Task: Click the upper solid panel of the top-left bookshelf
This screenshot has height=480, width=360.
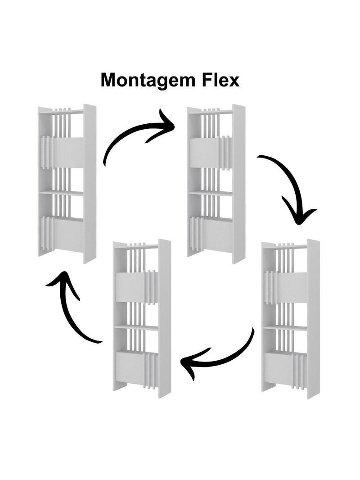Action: click(x=69, y=153)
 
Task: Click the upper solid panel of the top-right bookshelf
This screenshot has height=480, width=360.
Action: click(x=204, y=152)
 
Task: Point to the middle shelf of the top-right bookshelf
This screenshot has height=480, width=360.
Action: click(x=211, y=194)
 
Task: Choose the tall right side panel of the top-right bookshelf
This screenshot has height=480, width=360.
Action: click(x=238, y=184)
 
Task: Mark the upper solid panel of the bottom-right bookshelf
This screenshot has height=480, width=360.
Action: click(x=292, y=287)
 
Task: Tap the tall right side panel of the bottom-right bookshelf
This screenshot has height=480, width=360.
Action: click(x=313, y=318)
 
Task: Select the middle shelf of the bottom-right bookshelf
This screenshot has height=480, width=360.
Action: click(x=285, y=328)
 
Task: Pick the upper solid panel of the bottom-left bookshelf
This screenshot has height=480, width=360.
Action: click(x=130, y=287)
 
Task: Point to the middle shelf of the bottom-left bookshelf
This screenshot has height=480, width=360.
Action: click(x=136, y=328)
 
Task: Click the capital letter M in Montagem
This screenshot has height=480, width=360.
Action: click(x=108, y=80)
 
